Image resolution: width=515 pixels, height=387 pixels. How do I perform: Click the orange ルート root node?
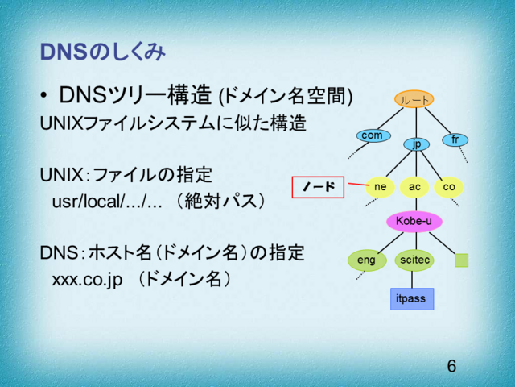tap(414, 99)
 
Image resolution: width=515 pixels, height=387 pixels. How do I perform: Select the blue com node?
tap(372, 135)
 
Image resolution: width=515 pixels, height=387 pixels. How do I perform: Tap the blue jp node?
tap(416, 144)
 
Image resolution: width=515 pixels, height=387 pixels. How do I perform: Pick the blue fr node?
tap(455, 139)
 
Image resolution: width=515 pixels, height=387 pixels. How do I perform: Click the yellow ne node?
tap(381, 187)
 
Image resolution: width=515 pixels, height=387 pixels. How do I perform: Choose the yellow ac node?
tap(414, 187)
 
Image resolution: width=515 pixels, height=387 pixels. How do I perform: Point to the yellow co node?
tap(449, 187)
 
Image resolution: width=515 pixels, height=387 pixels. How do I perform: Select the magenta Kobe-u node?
tap(414, 220)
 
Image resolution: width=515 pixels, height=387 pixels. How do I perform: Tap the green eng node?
tap(366, 260)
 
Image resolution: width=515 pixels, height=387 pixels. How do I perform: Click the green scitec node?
tap(414, 260)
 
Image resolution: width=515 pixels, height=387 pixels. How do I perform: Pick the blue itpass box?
tap(411, 299)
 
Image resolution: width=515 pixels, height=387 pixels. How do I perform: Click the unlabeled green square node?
tap(461, 260)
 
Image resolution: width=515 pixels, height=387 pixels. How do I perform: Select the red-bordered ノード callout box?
tap(317, 187)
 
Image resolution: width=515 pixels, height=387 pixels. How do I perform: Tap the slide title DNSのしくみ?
tap(103, 53)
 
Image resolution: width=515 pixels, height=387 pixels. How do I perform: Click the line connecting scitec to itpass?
tap(413, 280)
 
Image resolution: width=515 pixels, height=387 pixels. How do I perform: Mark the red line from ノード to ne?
tap(355, 185)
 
